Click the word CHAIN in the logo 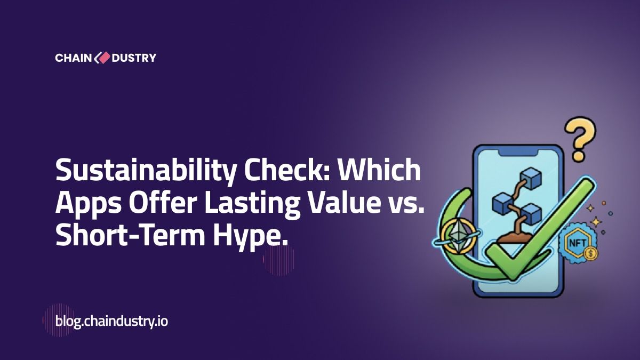[x=73, y=58]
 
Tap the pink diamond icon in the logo [x=102, y=58]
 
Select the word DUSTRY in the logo [x=134, y=58]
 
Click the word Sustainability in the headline [x=146, y=171]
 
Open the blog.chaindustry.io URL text [x=111, y=322]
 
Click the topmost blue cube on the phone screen [x=531, y=178]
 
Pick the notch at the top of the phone [x=518, y=154]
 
